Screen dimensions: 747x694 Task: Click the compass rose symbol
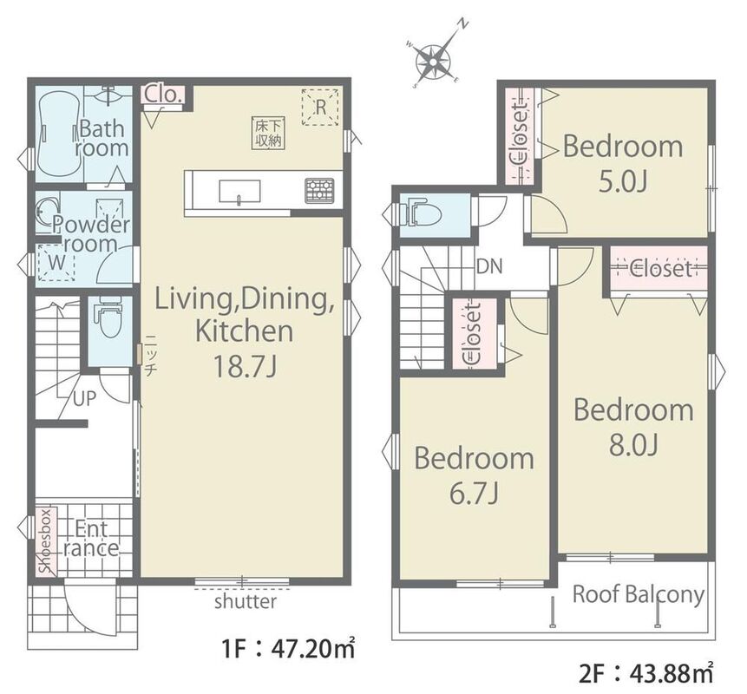(x=434, y=61)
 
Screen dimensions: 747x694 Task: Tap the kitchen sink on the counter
(x=239, y=191)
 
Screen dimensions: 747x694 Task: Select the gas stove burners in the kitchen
(x=319, y=190)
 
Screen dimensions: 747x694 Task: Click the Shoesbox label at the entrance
(x=46, y=541)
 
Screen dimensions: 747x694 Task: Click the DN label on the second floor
(x=489, y=266)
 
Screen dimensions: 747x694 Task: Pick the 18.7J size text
(x=245, y=367)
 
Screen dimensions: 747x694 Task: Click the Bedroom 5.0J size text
(x=623, y=181)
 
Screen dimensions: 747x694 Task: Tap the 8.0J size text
(x=633, y=446)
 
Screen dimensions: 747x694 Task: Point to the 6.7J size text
(x=474, y=494)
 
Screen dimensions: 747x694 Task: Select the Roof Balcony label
(x=639, y=595)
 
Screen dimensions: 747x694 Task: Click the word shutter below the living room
(x=246, y=601)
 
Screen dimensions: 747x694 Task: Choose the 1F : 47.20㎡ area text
(x=288, y=649)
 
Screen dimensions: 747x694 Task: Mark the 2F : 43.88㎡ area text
(x=646, y=673)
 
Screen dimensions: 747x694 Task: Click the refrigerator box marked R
(x=320, y=108)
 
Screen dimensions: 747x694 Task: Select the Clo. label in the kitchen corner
(x=163, y=95)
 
